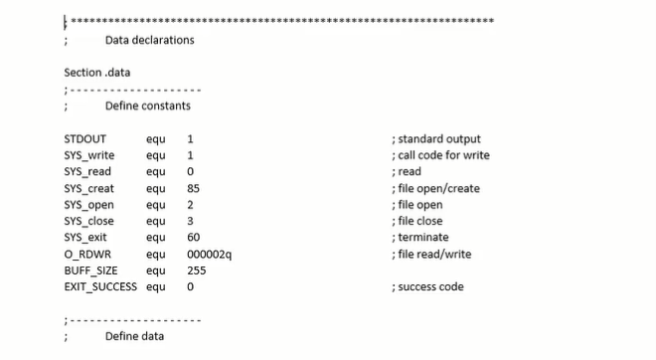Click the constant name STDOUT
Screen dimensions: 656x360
tap(84, 139)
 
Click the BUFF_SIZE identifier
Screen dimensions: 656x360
tap(90, 270)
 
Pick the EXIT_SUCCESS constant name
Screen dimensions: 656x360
tap(100, 286)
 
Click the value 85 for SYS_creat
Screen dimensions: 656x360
tap(193, 188)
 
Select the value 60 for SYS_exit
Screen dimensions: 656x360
tap(193, 238)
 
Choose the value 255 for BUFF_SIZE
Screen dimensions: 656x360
tap(196, 270)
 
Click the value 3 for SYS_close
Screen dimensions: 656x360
tap(190, 221)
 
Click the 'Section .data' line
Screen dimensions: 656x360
tap(96, 73)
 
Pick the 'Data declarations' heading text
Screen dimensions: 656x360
tap(149, 41)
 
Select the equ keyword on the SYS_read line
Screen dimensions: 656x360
tap(155, 172)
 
